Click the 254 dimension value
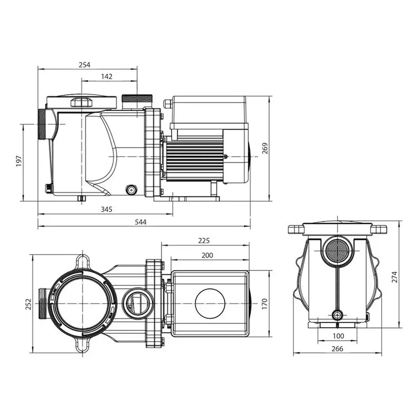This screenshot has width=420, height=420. pos(85,65)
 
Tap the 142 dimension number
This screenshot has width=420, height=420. pos(107,77)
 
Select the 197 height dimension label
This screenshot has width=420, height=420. pos(19,161)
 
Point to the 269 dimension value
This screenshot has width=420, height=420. pos(265,149)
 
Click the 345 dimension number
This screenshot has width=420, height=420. pos(107,209)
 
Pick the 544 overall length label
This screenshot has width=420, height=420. pos(141,222)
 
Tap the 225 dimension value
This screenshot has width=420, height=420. pos(204,241)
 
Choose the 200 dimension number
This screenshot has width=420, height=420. pos(207,256)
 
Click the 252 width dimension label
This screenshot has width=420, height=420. pos(28,304)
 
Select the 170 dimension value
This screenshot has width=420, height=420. pos(265,304)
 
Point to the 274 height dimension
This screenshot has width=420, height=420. pos(395,277)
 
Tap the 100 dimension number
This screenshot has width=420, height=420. pos(338,336)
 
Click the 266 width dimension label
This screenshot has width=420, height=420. pos(337,349)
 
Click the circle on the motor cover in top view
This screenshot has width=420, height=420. pos(210,303)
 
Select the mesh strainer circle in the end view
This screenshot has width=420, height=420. pos(337,251)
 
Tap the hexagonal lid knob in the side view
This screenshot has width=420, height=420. pos(81,102)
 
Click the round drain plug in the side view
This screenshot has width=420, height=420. pos(131,190)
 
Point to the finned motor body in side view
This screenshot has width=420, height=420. pos(195,159)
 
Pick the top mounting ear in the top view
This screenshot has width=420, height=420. pos(82,261)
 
